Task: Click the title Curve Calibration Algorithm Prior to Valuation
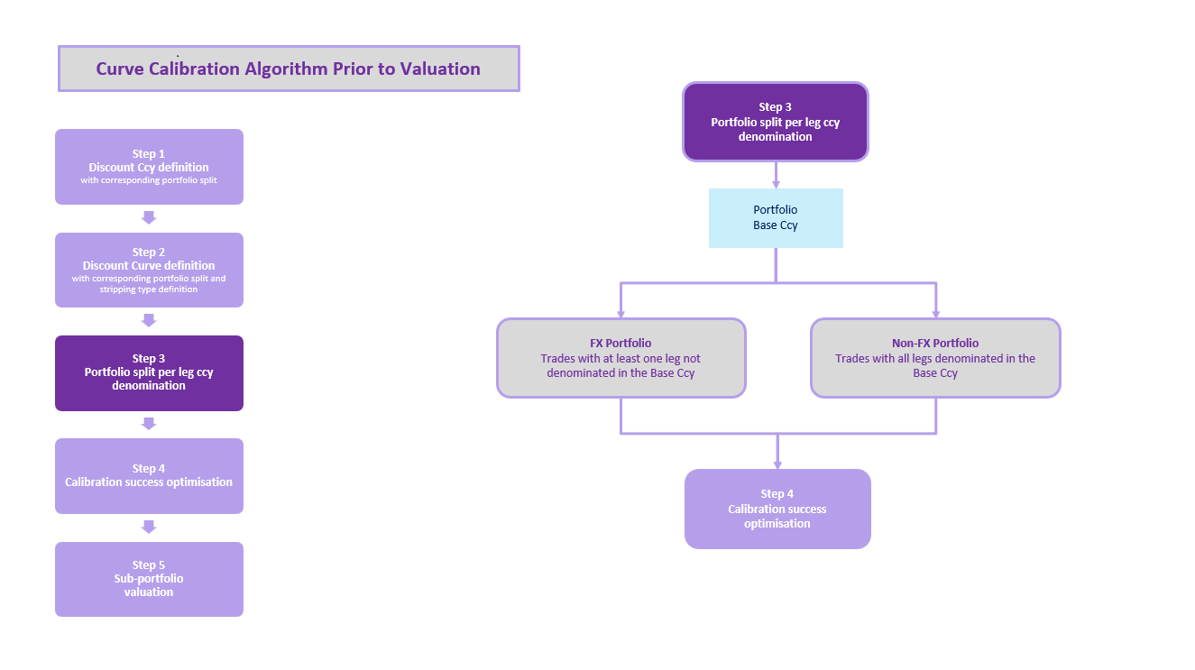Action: [x=289, y=69]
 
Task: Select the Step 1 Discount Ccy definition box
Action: [x=149, y=167]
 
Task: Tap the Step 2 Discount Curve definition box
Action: [x=149, y=270]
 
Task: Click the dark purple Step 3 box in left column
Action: [x=149, y=372]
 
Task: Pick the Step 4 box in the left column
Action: [x=149, y=475]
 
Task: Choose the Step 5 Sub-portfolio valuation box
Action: [x=149, y=579]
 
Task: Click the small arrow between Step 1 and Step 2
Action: [x=150, y=217]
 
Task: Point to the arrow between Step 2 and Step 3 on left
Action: [x=150, y=320]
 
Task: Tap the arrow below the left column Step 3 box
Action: [x=150, y=424]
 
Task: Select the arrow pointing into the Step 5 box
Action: [x=150, y=527]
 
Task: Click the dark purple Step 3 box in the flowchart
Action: [x=775, y=122]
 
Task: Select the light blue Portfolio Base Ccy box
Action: [x=776, y=217]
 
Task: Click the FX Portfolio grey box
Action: [x=620, y=358]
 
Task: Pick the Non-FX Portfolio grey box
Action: [x=935, y=358]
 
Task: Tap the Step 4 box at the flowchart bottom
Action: [x=777, y=509]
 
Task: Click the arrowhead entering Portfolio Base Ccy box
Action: [x=776, y=184]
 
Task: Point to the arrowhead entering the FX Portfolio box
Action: [x=620, y=314]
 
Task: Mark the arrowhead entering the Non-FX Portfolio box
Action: [x=935, y=314]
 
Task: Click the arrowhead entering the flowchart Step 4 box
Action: [x=777, y=464]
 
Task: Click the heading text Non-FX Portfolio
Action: [x=935, y=343]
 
